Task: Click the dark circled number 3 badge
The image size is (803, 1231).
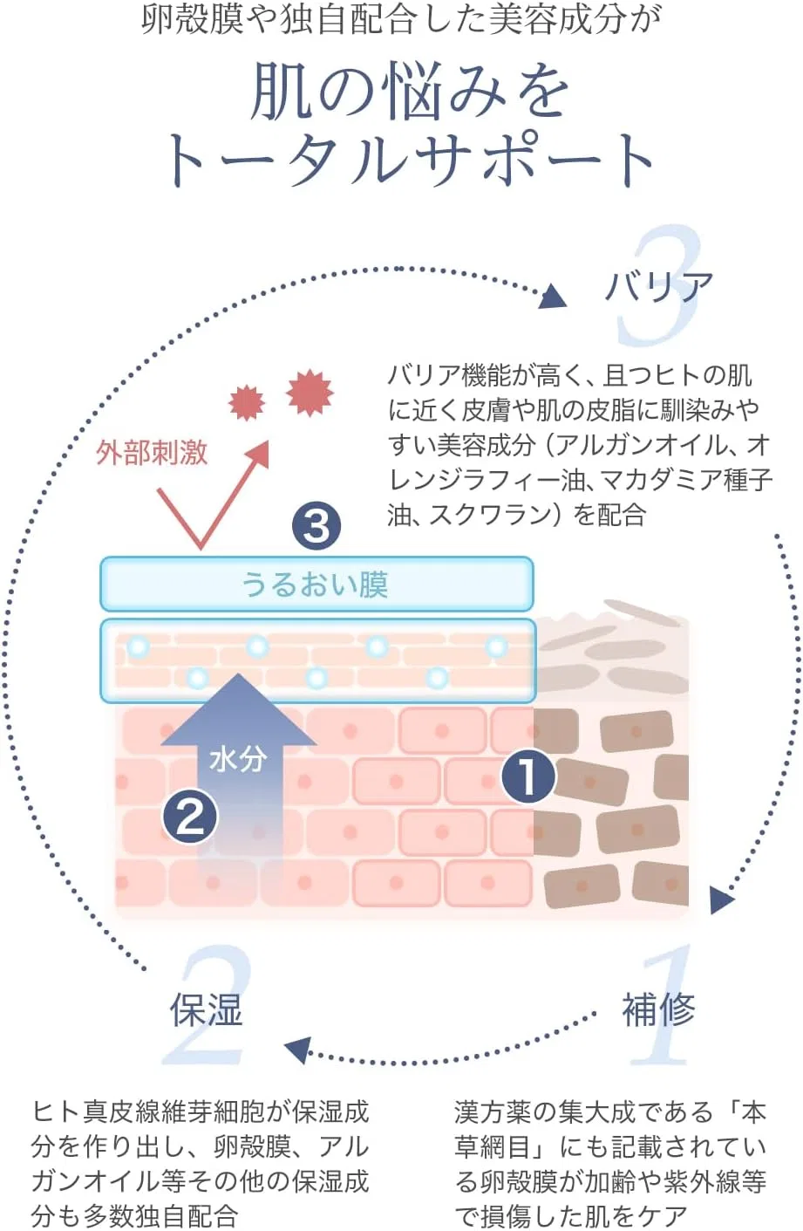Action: [316, 526]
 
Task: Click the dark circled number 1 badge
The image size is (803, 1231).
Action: [528, 776]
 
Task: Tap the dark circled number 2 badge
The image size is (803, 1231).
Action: [190, 817]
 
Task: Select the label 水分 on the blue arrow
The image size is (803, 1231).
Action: [237, 760]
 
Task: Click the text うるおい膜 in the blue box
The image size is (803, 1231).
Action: [315, 584]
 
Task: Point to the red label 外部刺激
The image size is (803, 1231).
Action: [152, 453]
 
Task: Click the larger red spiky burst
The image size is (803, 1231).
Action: [310, 393]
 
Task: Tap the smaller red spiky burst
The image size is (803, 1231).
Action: [247, 403]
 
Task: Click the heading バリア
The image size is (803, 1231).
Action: [658, 286]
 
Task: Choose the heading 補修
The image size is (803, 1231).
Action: [658, 1009]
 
